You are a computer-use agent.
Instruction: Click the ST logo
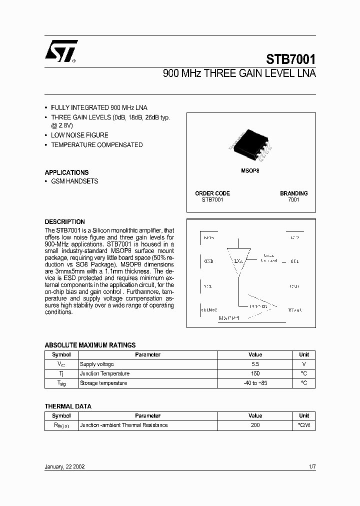pos(60,51)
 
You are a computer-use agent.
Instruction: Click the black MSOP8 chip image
pos(250,143)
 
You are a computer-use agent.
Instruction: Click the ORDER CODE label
pos(212,193)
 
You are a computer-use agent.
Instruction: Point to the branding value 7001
pos(293,200)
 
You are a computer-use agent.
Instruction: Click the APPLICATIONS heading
pos(66,172)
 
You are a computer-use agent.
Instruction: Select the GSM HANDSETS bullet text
pos(74,181)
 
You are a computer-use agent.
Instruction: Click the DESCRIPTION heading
pos(64,221)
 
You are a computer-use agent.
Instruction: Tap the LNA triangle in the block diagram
pos(238,260)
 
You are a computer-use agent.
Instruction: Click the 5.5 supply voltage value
pos(255,364)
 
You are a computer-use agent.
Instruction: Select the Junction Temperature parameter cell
pos(104,374)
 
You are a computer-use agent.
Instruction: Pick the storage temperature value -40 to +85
pos(255,383)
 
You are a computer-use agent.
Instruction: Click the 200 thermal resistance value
pos(255,425)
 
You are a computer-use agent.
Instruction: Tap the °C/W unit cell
pos(304,425)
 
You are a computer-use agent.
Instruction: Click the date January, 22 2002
pos(64,466)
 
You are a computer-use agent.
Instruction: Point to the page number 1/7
pos(311,466)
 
